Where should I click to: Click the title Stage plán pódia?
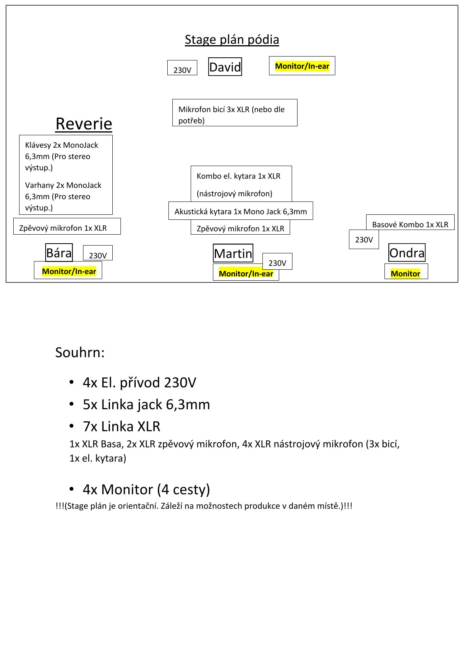pyautogui.click(x=232, y=40)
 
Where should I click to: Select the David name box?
pyautogui.click(x=225, y=67)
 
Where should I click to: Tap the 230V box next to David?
pyautogui.click(x=182, y=68)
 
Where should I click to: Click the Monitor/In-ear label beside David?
pyautogui.click(x=302, y=66)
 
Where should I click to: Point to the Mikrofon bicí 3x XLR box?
pyautogui.click(x=235, y=113)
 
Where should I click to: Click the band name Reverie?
pyautogui.click(x=84, y=124)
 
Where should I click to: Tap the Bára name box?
pyautogui.click(x=59, y=253)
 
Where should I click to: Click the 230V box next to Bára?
pyautogui.click(x=98, y=254)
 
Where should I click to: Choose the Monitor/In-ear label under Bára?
pyautogui.click(x=69, y=271)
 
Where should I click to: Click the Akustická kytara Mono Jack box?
pyautogui.click(x=241, y=211)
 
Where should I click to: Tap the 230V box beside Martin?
pyautogui.click(x=277, y=262)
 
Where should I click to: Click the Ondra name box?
pyautogui.click(x=407, y=253)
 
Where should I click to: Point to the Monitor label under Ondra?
pyautogui.click(x=406, y=273)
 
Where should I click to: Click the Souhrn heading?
pyautogui.click(x=80, y=352)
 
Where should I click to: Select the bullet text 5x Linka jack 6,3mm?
pyautogui.click(x=146, y=405)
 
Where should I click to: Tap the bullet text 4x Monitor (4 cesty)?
pyautogui.click(x=146, y=490)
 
